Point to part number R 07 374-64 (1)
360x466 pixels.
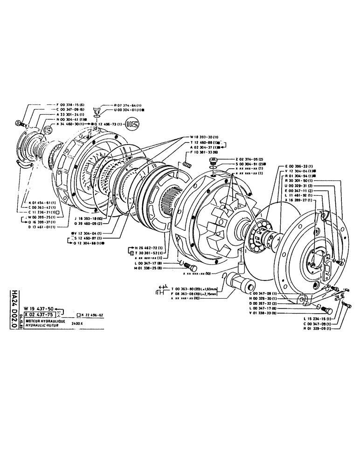pyautogui.click(x=120, y=105)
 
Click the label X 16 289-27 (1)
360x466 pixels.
pyautogui.click(x=300, y=200)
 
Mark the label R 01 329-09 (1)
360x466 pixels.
pyautogui.click(x=318, y=329)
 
